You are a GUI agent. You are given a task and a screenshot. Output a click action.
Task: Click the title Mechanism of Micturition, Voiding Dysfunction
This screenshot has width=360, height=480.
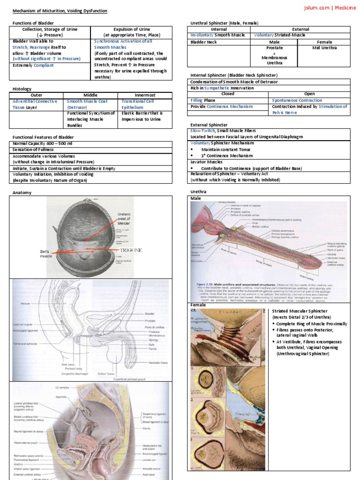[x=60, y=10]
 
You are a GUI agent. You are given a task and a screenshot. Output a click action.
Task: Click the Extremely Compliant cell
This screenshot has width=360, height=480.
[x=33, y=65]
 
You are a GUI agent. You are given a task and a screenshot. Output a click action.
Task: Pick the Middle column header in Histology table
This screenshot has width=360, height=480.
[x=90, y=95]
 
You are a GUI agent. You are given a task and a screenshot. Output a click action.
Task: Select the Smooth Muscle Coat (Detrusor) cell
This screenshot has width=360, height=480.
[x=87, y=104]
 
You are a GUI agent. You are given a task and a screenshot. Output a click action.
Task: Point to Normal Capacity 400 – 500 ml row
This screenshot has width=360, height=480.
[x=43, y=143]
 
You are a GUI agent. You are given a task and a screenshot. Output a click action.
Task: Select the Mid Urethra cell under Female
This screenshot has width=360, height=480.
[x=324, y=48]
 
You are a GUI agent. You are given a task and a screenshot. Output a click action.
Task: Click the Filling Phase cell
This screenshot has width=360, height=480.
[x=203, y=100]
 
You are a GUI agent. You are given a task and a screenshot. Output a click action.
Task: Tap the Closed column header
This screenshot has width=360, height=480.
[x=228, y=94]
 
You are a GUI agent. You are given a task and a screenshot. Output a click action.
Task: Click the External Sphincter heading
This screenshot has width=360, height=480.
[x=209, y=125]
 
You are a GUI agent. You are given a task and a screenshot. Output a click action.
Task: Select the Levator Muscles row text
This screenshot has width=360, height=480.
[x=207, y=162]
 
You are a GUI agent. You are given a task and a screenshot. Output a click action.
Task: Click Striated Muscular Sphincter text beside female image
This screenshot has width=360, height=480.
[x=300, y=311]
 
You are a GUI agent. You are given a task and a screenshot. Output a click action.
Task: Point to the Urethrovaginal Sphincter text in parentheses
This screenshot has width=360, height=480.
[x=303, y=353]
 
